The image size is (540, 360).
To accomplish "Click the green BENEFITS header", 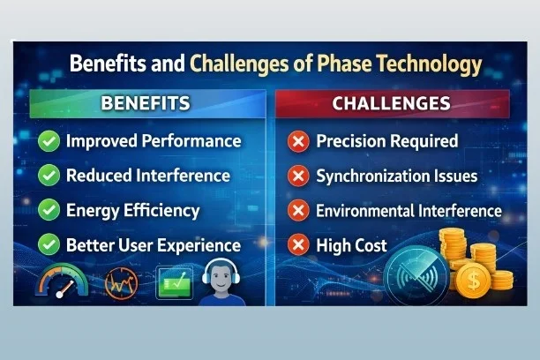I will (x=145, y=103).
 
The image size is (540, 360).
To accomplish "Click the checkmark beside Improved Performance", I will (x=49, y=141).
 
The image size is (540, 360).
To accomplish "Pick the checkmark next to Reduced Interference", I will (x=49, y=176).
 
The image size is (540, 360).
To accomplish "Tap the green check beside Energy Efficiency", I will (x=49, y=211).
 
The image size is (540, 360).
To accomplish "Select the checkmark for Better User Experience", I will (x=49, y=244).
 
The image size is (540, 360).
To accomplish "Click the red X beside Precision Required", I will (x=299, y=141).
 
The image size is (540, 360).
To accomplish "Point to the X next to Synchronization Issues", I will (x=299, y=176).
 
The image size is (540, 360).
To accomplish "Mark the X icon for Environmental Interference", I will (x=299, y=211).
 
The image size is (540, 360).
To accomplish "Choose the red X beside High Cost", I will (x=299, y=244).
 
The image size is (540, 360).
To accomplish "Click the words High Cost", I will (x=351, y=244).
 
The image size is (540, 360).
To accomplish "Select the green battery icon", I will (x=175, y=283).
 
